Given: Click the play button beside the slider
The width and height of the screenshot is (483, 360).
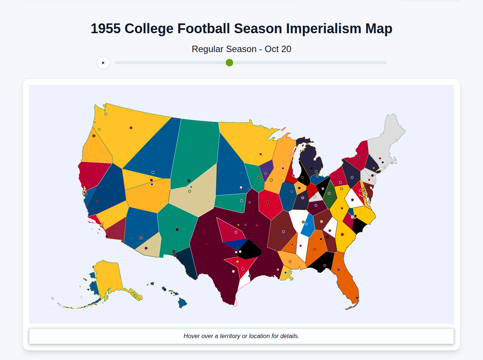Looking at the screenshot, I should pos(103,63).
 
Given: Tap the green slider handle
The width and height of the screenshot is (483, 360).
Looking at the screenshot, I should pos(229,63).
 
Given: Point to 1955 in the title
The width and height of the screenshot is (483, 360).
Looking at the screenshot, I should pos(106,29).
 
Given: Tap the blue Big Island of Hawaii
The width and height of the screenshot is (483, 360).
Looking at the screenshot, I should pos(183,303).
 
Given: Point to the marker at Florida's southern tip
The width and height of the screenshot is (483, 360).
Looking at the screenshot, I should pos(357,298).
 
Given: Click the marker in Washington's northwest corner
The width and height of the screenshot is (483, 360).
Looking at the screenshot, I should pos(106,114).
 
